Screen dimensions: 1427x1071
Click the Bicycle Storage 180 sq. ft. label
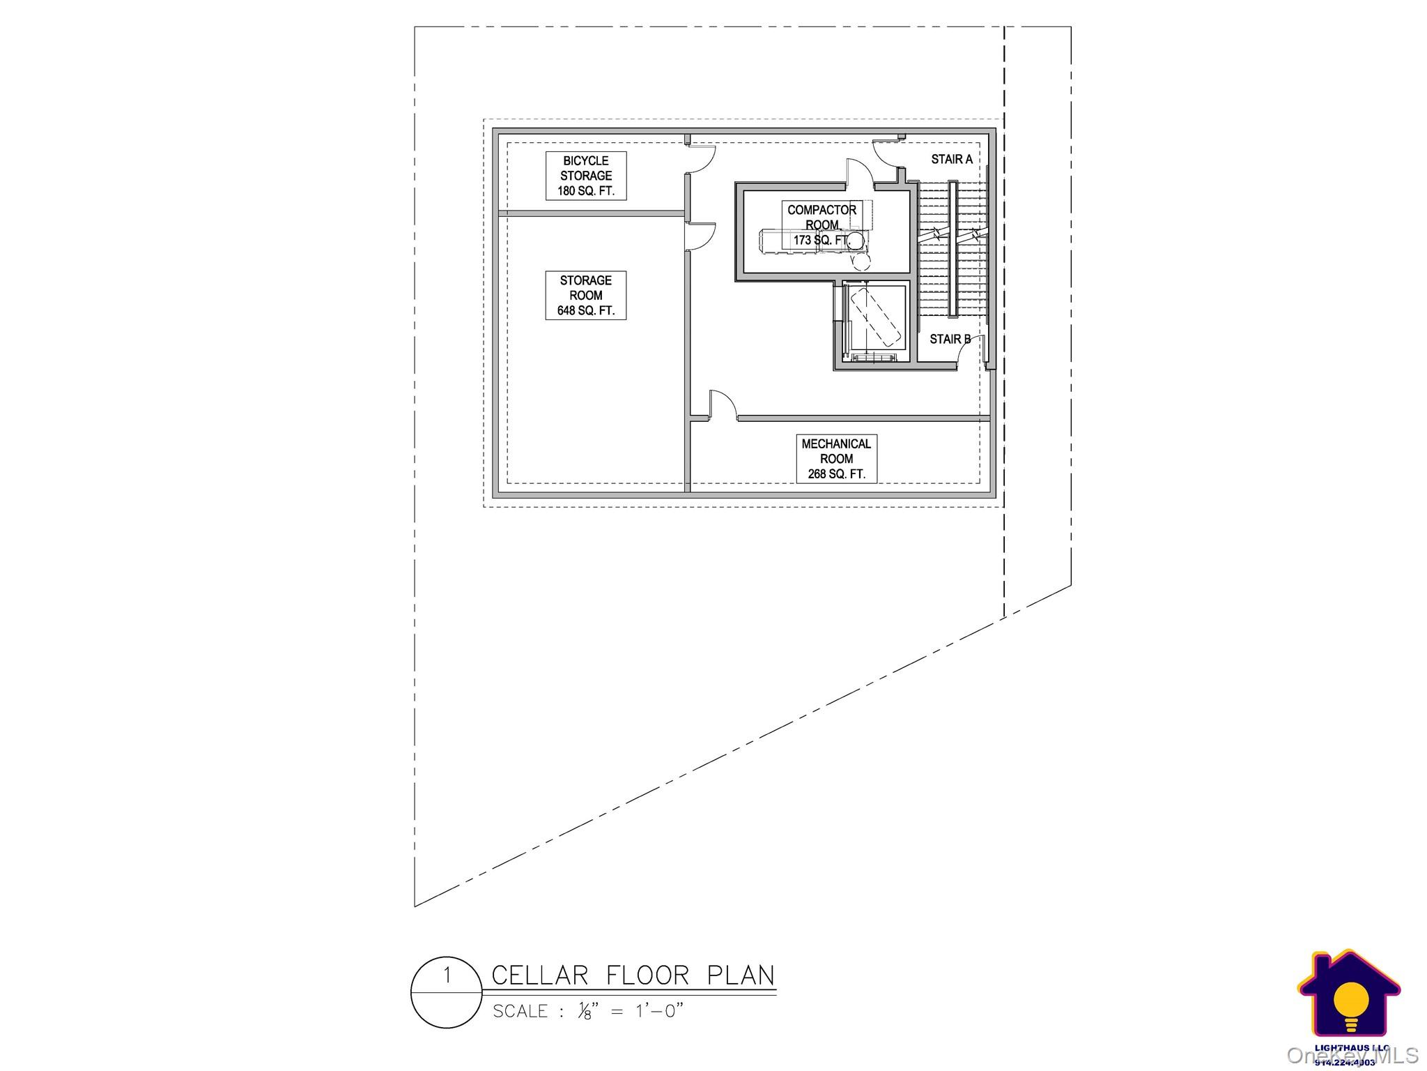click(585, 176)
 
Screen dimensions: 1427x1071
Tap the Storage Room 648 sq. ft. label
click(585, 296)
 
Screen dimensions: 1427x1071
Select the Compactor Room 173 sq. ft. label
click(822, 225)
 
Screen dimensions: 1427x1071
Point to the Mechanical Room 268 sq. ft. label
click(836, 459)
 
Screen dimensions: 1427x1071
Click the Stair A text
click(952, 160)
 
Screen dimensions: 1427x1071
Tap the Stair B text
click(950, 340)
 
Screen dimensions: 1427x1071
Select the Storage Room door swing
click(700, 237)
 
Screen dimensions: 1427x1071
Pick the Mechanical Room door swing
click(723, 405)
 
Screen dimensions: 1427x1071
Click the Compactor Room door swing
click(859, 172)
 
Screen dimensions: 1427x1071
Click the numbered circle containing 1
click(447, 993)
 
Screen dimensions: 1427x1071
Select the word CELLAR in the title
click(539, 975)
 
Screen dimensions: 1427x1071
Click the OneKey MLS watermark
click(1351, 1055)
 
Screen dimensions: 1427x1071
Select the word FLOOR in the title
click(648, 975)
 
